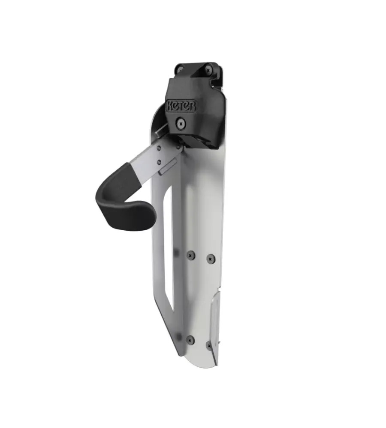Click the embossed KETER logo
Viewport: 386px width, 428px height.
point(181,106)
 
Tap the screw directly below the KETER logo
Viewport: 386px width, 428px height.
point(181,124)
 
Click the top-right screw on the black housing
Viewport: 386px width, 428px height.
point(208,71)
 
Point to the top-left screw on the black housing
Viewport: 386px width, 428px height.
point(180,69)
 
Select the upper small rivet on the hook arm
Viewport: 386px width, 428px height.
point(159,148)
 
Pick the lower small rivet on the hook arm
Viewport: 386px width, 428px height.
point(159,163)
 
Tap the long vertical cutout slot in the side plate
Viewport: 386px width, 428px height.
point(168,248)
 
